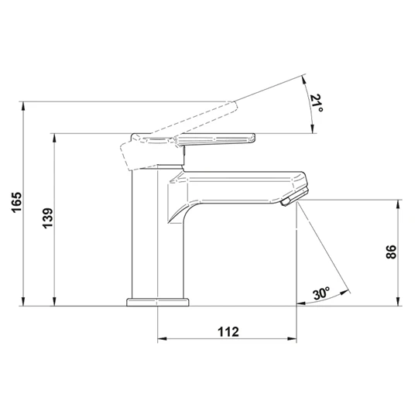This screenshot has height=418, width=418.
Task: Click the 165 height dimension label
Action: [17, 202]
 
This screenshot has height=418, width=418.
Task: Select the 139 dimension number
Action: [48, 218]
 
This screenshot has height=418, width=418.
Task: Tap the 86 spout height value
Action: [392, 252]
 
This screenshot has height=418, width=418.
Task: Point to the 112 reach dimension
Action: [228, 332]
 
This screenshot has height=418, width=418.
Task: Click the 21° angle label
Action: [317, 103]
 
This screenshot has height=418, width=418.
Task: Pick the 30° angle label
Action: [321, 293]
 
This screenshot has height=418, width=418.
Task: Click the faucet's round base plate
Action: [158, 302]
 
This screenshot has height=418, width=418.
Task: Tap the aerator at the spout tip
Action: [295, 196]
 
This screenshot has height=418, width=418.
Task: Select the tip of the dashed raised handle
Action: [234, 105]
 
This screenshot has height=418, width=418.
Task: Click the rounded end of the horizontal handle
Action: [252, 139]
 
